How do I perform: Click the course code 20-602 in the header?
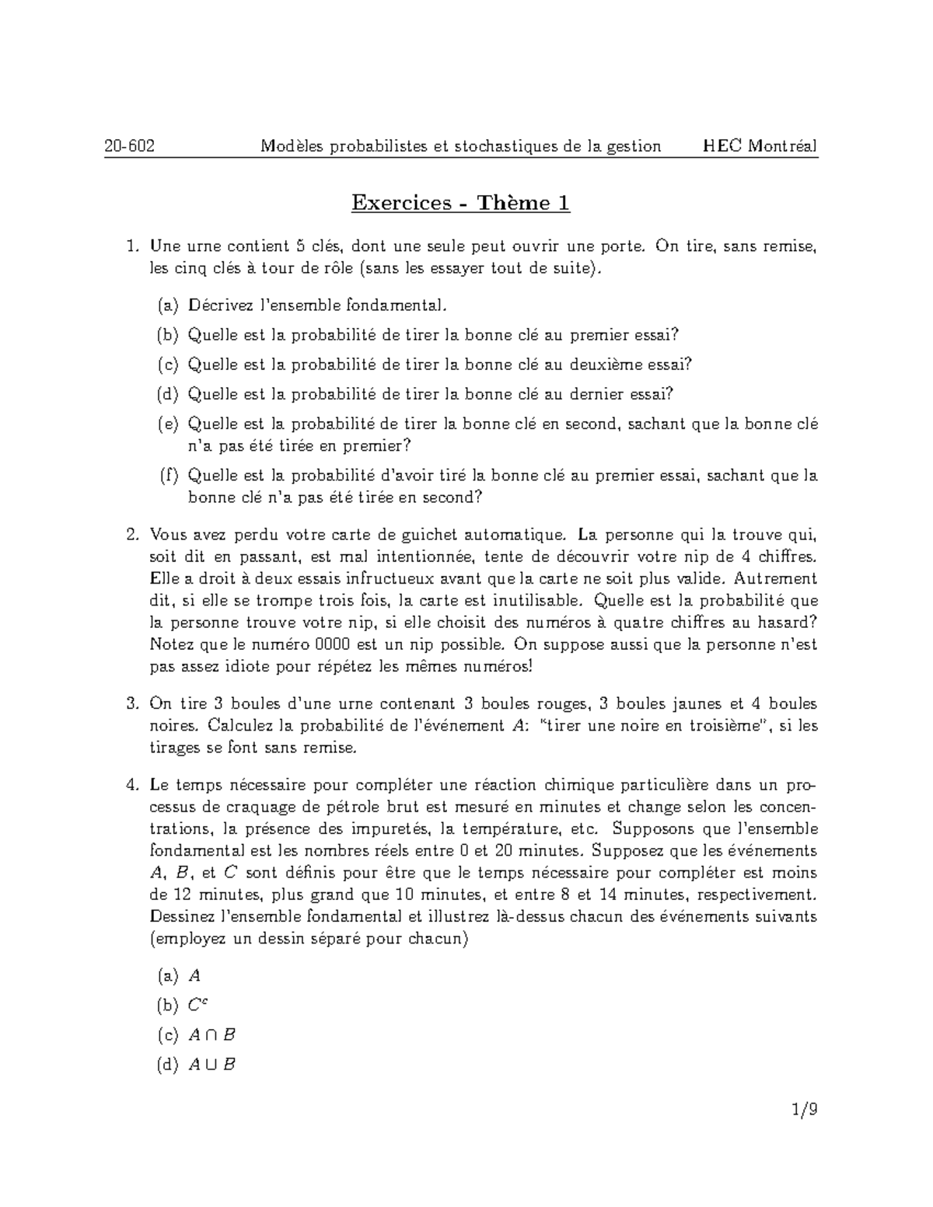click(x=130, y=146)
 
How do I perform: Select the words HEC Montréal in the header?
click(x=760, y=146)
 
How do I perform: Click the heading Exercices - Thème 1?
click(x=460, y=203)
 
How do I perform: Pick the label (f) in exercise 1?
click(x=168, y=476)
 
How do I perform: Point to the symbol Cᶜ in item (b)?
click(x=197, y=1005)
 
